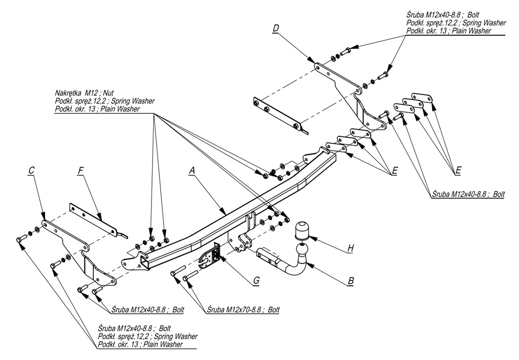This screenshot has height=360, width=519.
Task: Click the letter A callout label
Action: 192,171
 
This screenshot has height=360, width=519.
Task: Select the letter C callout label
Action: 32,170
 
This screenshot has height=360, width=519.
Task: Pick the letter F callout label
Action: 80,170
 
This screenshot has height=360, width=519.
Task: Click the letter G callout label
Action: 256,281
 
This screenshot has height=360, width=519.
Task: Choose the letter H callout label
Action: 351,248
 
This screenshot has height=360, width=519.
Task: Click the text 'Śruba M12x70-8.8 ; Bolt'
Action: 243,310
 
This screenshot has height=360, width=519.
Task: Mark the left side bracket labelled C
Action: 73,244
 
